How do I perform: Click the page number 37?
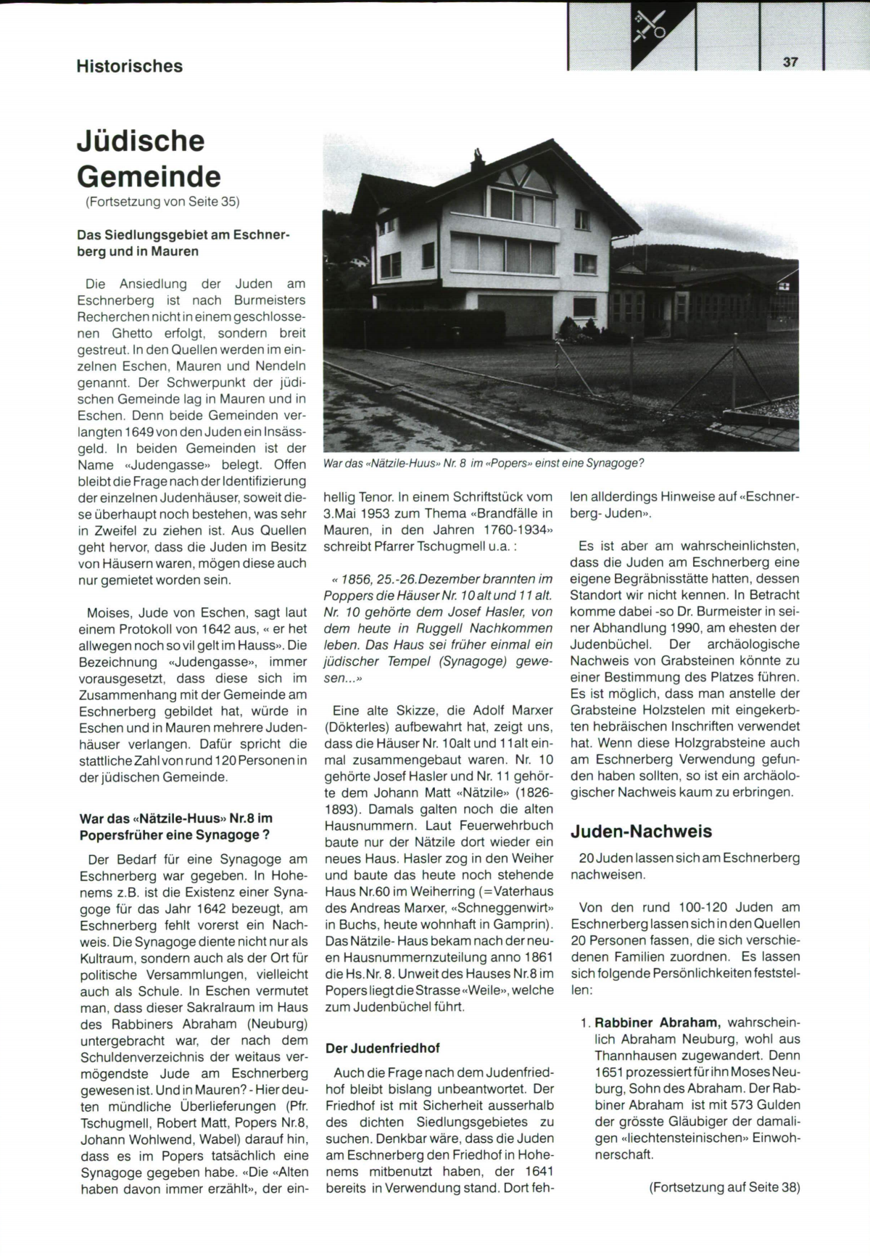click(x=790, y=62)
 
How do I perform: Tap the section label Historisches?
click(x=129, y=66)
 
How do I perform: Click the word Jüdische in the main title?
click(x=141, y=141)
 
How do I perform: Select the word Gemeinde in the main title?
click(x=149, y=176)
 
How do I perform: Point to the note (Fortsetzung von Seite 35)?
click(x=162, y=202)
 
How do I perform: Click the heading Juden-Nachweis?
click(x=641, y=831)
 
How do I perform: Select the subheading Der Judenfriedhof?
click(x=383, y=1048)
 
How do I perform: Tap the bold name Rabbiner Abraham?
click(x=657, y=1022)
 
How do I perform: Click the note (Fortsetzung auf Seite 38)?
click(x=724, y=1187)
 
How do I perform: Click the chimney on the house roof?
click(x=478, y=157)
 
